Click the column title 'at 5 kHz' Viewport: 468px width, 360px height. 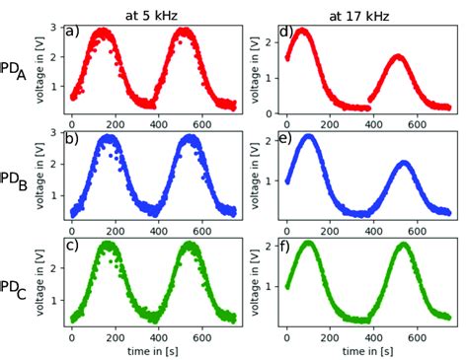149,11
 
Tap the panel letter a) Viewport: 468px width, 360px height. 72,32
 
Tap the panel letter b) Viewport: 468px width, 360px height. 72,138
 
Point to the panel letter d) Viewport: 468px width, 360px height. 286,32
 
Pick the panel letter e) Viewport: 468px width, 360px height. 286,138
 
